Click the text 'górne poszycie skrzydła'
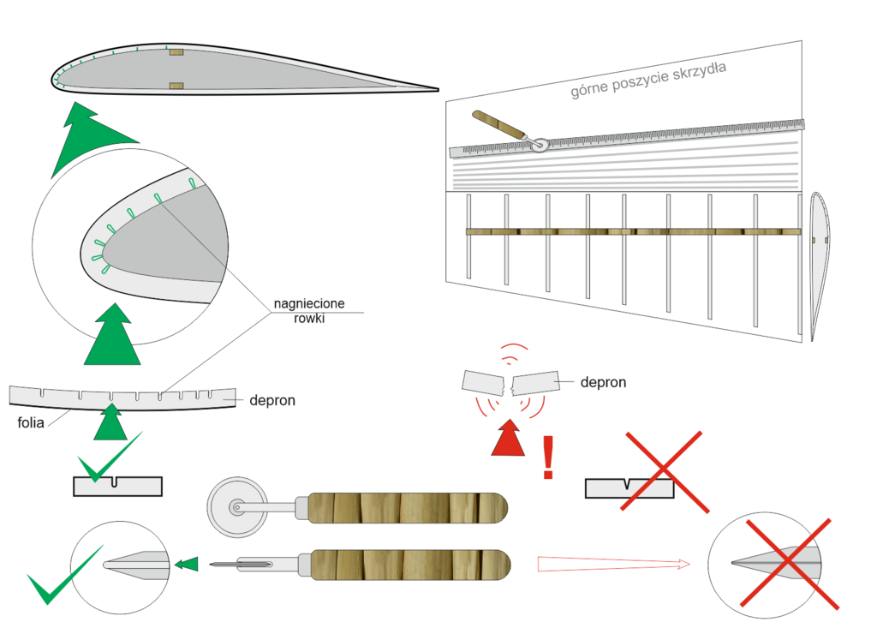(648, 81)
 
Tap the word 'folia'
(33, 422)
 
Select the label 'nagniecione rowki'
(298, 311)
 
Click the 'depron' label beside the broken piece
(603, 382)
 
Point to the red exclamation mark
(549, 457)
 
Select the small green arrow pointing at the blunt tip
(186, 564)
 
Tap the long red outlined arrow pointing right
(612, 564)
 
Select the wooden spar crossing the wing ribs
(634, 231)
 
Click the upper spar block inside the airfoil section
(176, 53)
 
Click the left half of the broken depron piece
(483, 382)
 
